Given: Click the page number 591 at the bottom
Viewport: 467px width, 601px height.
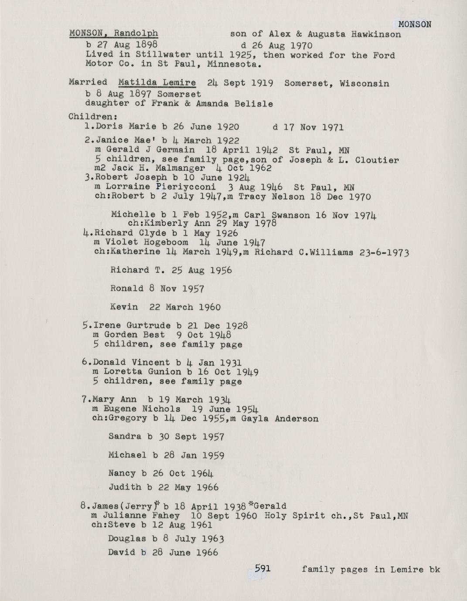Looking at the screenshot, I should pyautogui.click(x=263, y=568).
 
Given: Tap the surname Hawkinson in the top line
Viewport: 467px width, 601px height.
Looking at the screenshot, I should pyautogui.click(x=376, y=34).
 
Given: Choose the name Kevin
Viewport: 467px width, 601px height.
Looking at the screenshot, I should pyautogui.click(x=124, y=307).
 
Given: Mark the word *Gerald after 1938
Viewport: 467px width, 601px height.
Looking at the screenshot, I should pyautogui.click(x=267, y=506).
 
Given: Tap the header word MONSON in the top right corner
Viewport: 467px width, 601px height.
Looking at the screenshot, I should pyautogui.click(x=415, y=24).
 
